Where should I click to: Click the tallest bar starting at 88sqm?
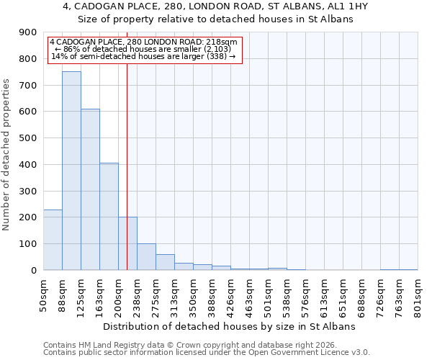[71, 171]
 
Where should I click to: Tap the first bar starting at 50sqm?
[53, 240]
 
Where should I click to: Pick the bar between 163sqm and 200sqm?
[109, 216]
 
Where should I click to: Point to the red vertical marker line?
[127, 166]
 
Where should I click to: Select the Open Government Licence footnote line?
[207, 352]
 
